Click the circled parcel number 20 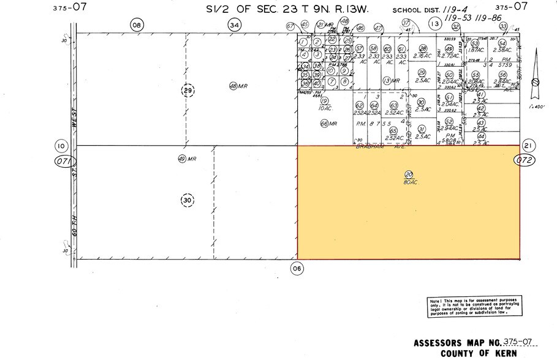point(409,174)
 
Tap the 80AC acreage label point(409,182)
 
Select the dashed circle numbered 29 point(187,91)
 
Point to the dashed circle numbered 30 point(187,200)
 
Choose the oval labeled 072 point(523,161)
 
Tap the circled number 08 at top point(136,24)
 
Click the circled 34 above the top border point(234,24)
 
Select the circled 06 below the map point(297,268)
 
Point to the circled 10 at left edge point(61,146)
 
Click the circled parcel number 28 point(422,49)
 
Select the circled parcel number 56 point(502,75)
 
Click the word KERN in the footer point(504,353)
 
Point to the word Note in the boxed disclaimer point(435,300)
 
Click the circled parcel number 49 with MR point(181,159)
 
